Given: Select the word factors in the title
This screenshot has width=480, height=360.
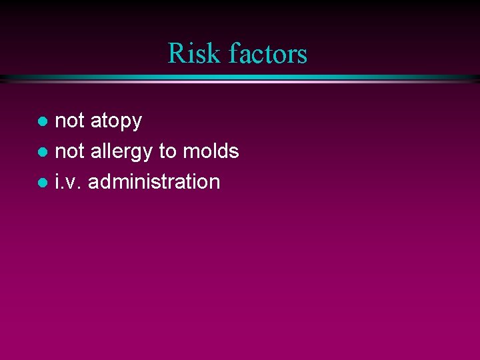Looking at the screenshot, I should pos(267,53).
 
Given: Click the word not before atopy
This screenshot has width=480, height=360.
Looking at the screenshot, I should pos(70,121).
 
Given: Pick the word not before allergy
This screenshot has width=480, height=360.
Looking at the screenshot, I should pos(70,151).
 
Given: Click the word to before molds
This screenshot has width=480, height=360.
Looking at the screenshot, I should pos(167,152).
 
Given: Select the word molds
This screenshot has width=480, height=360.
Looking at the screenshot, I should pos(210,151).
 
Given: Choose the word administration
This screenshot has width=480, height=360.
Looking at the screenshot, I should pos(154,181).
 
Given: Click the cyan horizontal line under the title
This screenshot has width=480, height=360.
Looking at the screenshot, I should pos(240,79).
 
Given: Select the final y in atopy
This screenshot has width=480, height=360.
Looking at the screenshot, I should pos(137,123).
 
